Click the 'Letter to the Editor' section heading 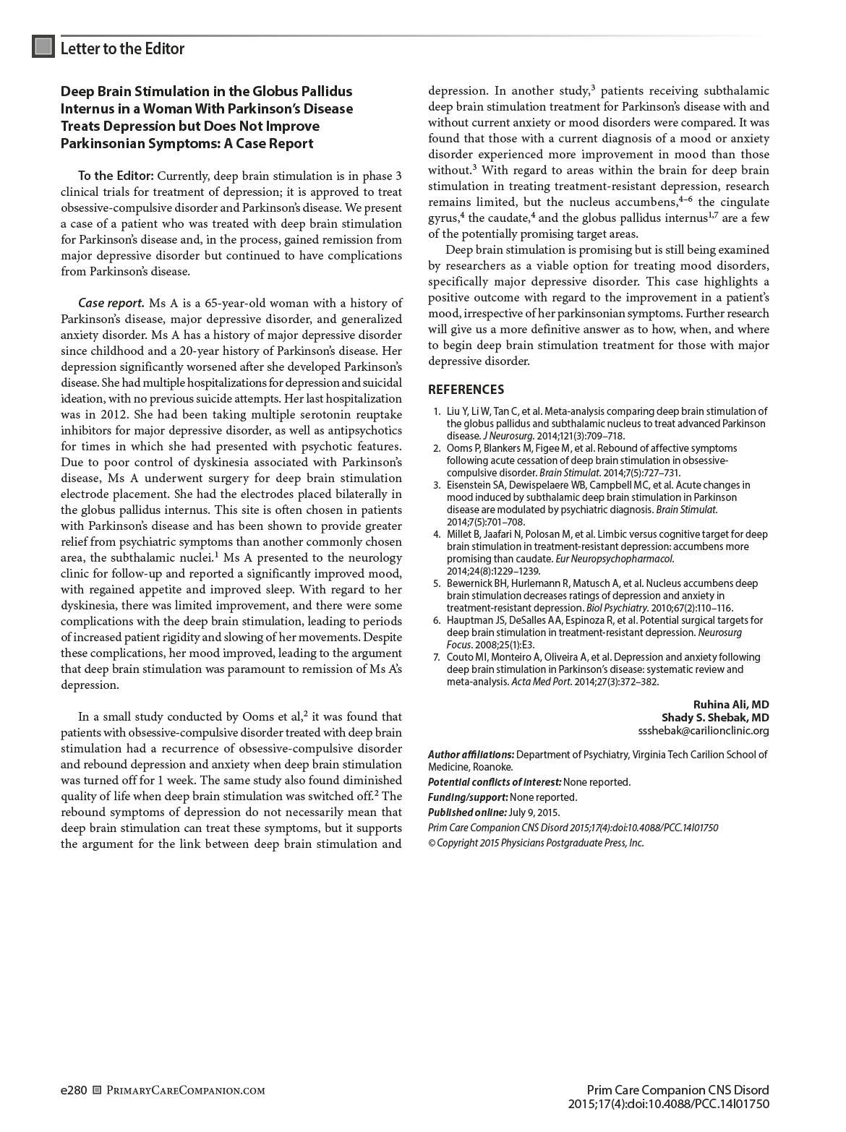pyautogui.click(x=122, y=48)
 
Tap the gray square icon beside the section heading pyautogui.click(x=43, y=47)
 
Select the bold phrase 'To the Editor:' pyautogui.click(x=116, y=176)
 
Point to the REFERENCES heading pyautogui.click(x=466, y=390)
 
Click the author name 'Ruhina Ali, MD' pyautogui.click(x=731, y=704)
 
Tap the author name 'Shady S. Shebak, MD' pyautogui.click(x=715, y=717)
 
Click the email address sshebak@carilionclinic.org pyautogui.click(x=704, y=730)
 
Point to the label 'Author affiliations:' pyautogui.click(x=471, y=755)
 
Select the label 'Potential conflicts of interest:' pyautogui.click(x=495, y=781)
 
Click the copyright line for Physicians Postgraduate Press pyautogui.click(x=536, y=843)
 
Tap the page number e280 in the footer pyautogui.click(x=74, y=1090)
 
